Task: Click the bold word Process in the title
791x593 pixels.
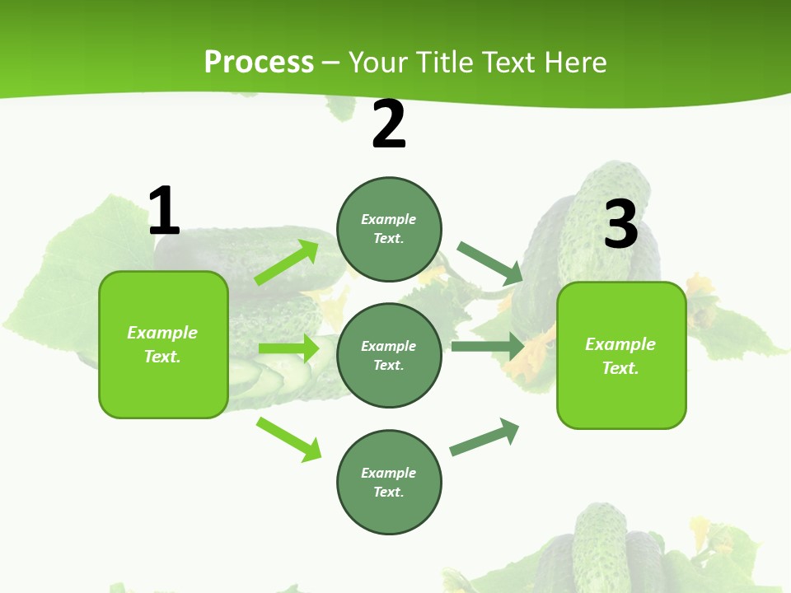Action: pos(259,63)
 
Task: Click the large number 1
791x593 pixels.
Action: pos(164,211)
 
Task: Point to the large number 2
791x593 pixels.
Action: pos(389,124)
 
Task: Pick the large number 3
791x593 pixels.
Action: pos(620,224)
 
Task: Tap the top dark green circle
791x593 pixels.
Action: pos(389,229)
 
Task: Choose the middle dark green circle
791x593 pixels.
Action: pos(389,355)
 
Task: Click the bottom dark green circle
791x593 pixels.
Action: pos(389,482)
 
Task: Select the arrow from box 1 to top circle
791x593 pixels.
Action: pos(287,263)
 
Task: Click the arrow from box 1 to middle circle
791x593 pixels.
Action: pos(288,348)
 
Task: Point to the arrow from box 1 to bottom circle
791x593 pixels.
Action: pos(288,439)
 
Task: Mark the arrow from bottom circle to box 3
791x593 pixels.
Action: pos(484,437)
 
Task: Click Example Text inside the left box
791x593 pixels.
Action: pos(162,344)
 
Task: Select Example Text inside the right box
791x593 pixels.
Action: pos(620,356)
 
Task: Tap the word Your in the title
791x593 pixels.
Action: pos(377,63)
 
